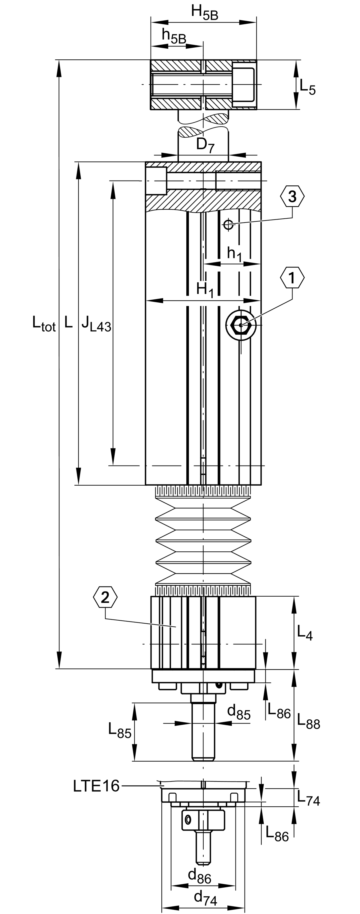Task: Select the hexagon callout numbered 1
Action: tap(292, 278)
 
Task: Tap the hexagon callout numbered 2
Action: tap(105, 598)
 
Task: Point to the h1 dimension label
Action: tap(234, 254)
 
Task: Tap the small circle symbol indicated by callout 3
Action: tap(228, 224)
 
